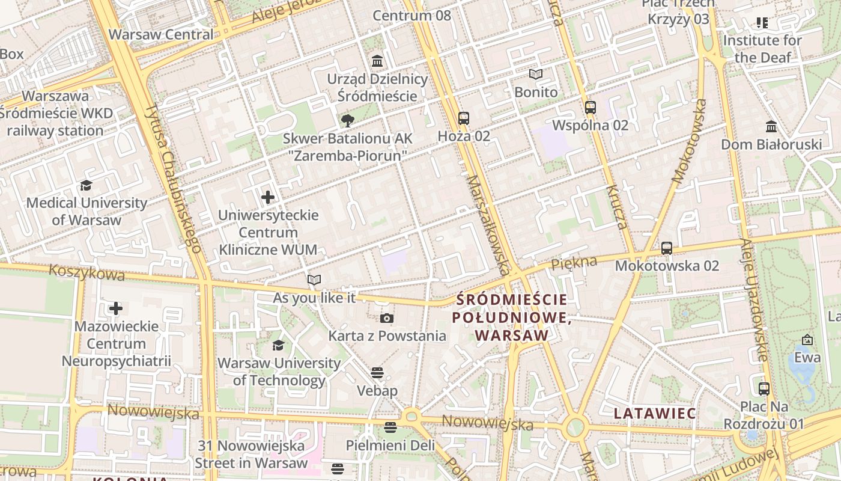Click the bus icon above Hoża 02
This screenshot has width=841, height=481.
(463, 118)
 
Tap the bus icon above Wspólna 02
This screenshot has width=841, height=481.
(591, 108)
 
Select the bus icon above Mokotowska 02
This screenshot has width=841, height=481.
(666, 248)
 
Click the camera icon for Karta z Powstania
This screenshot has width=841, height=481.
(387, 318)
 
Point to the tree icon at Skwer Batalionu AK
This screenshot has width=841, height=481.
(347, 121)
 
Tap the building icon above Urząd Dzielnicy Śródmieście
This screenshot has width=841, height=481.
(377, 61)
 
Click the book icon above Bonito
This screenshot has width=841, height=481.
(536, 75)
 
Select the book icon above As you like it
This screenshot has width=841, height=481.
(314, 280)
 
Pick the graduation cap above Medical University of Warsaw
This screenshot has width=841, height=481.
(87, 185)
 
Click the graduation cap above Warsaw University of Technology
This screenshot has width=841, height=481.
(278, 345)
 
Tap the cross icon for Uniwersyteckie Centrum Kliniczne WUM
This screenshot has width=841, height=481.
(268, 197)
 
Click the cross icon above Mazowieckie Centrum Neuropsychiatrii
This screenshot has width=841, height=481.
(116, 309)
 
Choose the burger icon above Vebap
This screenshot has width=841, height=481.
(377, 373)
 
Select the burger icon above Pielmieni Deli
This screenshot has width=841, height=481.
(390, 427)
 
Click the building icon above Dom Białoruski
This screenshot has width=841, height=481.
(771, 127)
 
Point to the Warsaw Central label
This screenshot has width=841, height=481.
(161, 34)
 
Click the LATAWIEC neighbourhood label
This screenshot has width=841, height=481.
(655, 414)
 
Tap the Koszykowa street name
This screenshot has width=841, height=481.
(87, 272)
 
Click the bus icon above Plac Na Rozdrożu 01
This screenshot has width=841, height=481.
(764, 389)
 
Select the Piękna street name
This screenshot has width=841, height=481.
(574, 262)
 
